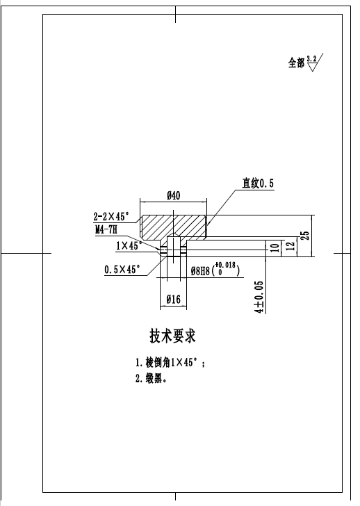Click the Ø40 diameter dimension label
click(x=174, y=196)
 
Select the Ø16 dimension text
click(x=174, y=300)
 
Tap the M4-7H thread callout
click(x=106, y=229)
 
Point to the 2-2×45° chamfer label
click(x=112, y=216)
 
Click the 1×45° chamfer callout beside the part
click(x=129, y=245)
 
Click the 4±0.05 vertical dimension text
click(x=259, y=297)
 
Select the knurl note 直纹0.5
click(x=258, y=183)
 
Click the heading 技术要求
click(x=173, y=336)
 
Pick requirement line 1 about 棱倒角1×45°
click(x=170, y=363)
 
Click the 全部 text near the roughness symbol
click(x=296, y=63)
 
